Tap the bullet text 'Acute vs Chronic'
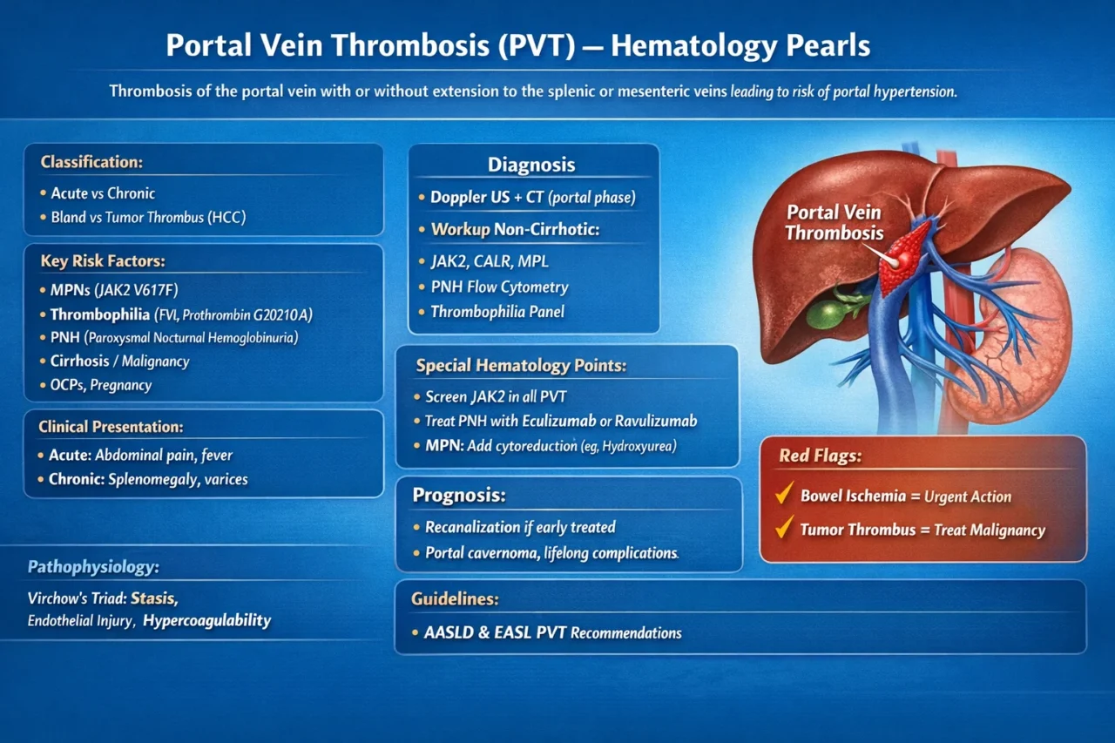[103, 193]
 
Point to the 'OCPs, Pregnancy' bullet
[100, 385]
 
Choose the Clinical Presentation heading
[110, 427]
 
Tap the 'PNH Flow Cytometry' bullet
[499, 287]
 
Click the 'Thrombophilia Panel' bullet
[497, 312]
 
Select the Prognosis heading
[458, 496]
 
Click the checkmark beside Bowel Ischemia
[783, 496]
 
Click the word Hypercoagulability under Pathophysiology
[207, 621]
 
